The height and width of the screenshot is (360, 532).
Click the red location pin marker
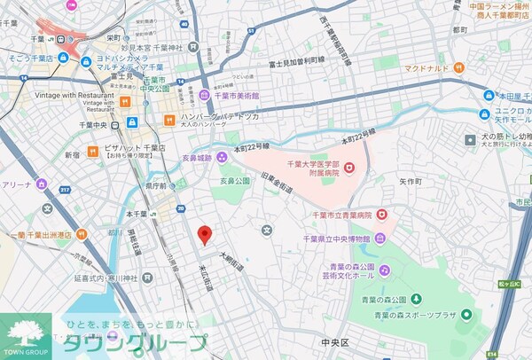click(205, 235)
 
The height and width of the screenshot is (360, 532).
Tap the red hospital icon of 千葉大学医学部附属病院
click(348, 166)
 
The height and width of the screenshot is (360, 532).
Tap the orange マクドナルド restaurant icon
click(458, 67)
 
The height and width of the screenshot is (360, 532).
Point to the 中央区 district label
click(337, 341)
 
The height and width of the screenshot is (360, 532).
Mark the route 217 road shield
click(64, 189)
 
